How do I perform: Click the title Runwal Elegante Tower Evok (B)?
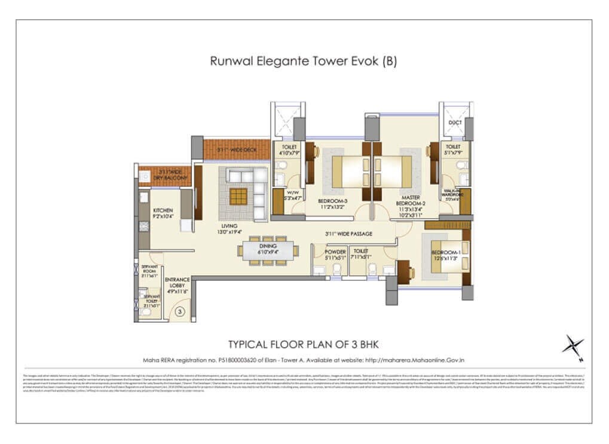click(303, 61)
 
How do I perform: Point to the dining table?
click(269, 250)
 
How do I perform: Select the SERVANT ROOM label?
click(149, 272)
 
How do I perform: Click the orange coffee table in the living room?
click(238, 196)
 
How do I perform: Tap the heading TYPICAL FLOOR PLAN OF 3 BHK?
click(304, 345)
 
